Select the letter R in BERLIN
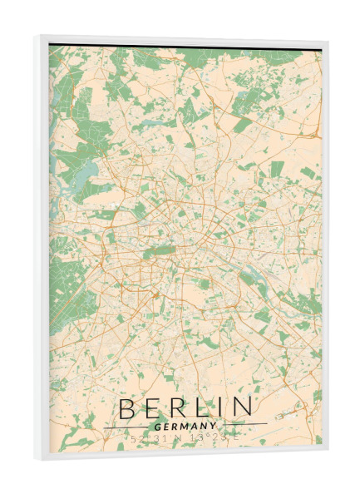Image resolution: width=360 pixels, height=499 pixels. pos(176,408)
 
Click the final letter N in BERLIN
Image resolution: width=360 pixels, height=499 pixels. pos(240,408)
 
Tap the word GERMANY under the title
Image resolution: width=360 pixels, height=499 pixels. pos(185,425)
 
